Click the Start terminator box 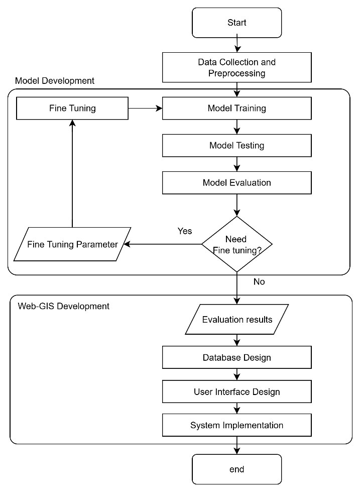coord(236,23)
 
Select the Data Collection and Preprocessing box coord(236,68)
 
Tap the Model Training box coord(236,108)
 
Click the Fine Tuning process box coord(72,108)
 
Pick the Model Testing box coord(236,146)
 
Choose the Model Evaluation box coord(236,182)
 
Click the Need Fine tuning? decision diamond coord(236,244)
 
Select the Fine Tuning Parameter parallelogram coord(72,245)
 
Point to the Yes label coord(185,231)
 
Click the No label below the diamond coord(259,282)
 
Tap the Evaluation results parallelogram coord(236,320)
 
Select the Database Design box coord(236,358)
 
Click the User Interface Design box coord(236,391)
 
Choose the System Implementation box coord(236,425)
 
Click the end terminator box coord(236,469)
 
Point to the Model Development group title coord(55,80)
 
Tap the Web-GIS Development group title coord(63,306)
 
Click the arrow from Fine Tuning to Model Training coord(145,108)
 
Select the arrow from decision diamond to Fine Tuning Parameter coord(163,245)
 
